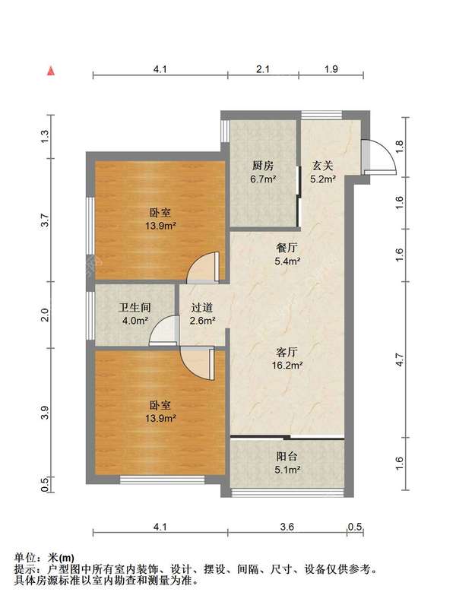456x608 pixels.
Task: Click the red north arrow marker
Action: pos(51,71)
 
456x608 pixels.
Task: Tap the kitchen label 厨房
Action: pos(263,166)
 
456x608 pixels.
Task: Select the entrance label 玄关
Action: pos(322,166)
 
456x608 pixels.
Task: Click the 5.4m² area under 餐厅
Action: pos(287,261)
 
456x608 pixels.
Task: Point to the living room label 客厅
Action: pos(287,352)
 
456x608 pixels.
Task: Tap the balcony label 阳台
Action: pos(287,457)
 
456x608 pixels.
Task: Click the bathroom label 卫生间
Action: pos(135,308)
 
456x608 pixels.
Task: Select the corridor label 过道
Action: pos(202,308)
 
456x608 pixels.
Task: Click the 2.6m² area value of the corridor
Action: pos(202,321)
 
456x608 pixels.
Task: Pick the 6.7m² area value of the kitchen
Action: pos(263,179)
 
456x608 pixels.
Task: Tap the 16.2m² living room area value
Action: pos(287,366)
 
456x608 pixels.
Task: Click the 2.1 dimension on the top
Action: pos(263,69)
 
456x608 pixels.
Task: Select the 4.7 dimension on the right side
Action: pos(400,359)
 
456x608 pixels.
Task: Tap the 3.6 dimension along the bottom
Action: pos(287,527)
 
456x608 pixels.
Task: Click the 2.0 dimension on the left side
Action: pos(46,315)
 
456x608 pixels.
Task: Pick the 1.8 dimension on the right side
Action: pos(400,146)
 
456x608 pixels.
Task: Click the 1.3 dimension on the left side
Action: pos(46,136)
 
